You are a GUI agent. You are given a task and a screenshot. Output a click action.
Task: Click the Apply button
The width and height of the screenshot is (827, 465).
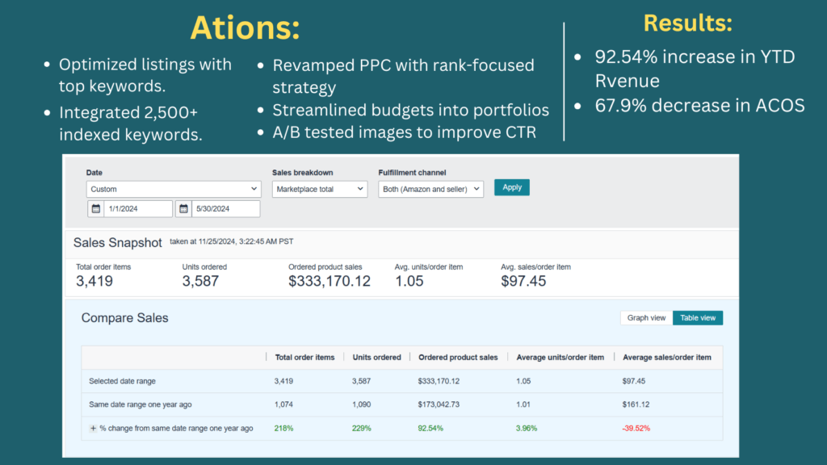click(x=511, y=187)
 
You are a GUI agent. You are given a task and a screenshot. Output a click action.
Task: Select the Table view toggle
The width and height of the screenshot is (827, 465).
click(x=698, y=318)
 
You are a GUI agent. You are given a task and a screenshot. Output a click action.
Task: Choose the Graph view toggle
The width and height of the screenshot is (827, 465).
click(x=646, y=318)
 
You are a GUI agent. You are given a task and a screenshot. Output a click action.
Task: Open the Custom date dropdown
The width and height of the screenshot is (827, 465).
click(x=174, y=189)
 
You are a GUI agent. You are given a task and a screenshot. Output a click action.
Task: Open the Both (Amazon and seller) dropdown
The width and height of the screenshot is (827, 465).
click(x=430, y=189)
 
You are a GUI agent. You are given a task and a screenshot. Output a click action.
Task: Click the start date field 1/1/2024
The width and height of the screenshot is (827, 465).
click(x=137, y=209)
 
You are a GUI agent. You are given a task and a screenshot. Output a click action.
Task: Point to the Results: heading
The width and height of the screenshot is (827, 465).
click(x=687, y=23)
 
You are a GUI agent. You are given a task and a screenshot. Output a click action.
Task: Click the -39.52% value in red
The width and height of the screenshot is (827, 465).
click(x=636, y=428)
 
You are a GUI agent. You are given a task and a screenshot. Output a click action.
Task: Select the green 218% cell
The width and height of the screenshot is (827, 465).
click(x=283, y=428)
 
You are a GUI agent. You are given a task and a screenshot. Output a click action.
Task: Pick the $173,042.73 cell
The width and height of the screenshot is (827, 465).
click(x=439, y=404)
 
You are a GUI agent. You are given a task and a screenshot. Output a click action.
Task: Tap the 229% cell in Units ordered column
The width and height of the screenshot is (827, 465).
click(x=361, y=428)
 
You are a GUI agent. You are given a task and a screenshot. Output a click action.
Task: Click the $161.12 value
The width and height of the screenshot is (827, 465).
click(x=636, y=404)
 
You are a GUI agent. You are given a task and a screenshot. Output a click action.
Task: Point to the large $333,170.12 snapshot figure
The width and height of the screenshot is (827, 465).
click(x=330, y=282)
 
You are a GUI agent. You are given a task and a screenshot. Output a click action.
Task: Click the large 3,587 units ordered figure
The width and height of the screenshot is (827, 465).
click(x=200, y=282)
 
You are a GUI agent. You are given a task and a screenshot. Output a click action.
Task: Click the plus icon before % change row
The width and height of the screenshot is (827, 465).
click(x=93, y=428)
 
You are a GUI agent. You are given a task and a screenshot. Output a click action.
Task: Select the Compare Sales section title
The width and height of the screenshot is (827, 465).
click(x=125, y=318)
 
